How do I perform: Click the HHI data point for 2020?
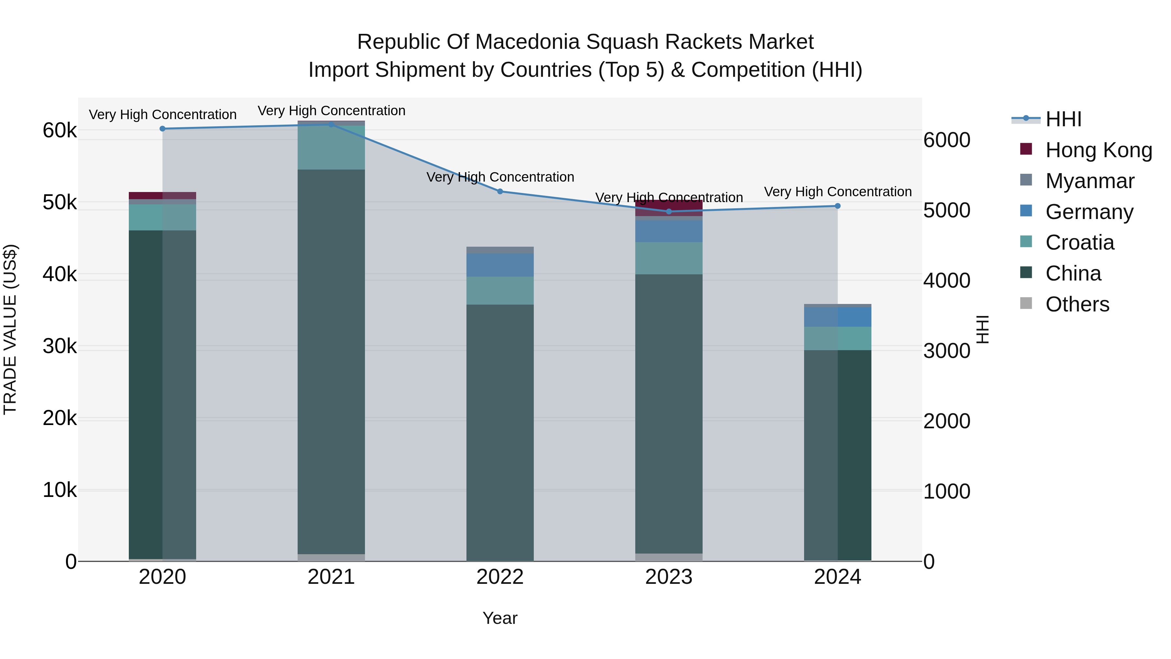(x=163, y=129)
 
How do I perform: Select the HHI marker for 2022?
(x=500, y=191)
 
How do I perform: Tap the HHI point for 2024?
(x=838, y=206)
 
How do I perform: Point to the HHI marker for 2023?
(x=669, y=212)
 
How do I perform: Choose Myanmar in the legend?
(x=1090, y=181)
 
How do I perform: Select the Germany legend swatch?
(x=1026, y=211)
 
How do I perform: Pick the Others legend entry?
(x=1077, y=304)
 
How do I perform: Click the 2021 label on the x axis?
(x=331, y=577)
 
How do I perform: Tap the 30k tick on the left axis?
(x=60, y=346)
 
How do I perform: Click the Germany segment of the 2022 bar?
(x=500, y=265)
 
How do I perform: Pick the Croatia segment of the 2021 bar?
(x=331, y=148)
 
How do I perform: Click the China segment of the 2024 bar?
(x=838, y=455)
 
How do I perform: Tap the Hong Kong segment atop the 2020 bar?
(x=163, y=196)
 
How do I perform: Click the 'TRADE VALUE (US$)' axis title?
(x=10, y=329)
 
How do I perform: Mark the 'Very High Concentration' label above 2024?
(x=838, y=192)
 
